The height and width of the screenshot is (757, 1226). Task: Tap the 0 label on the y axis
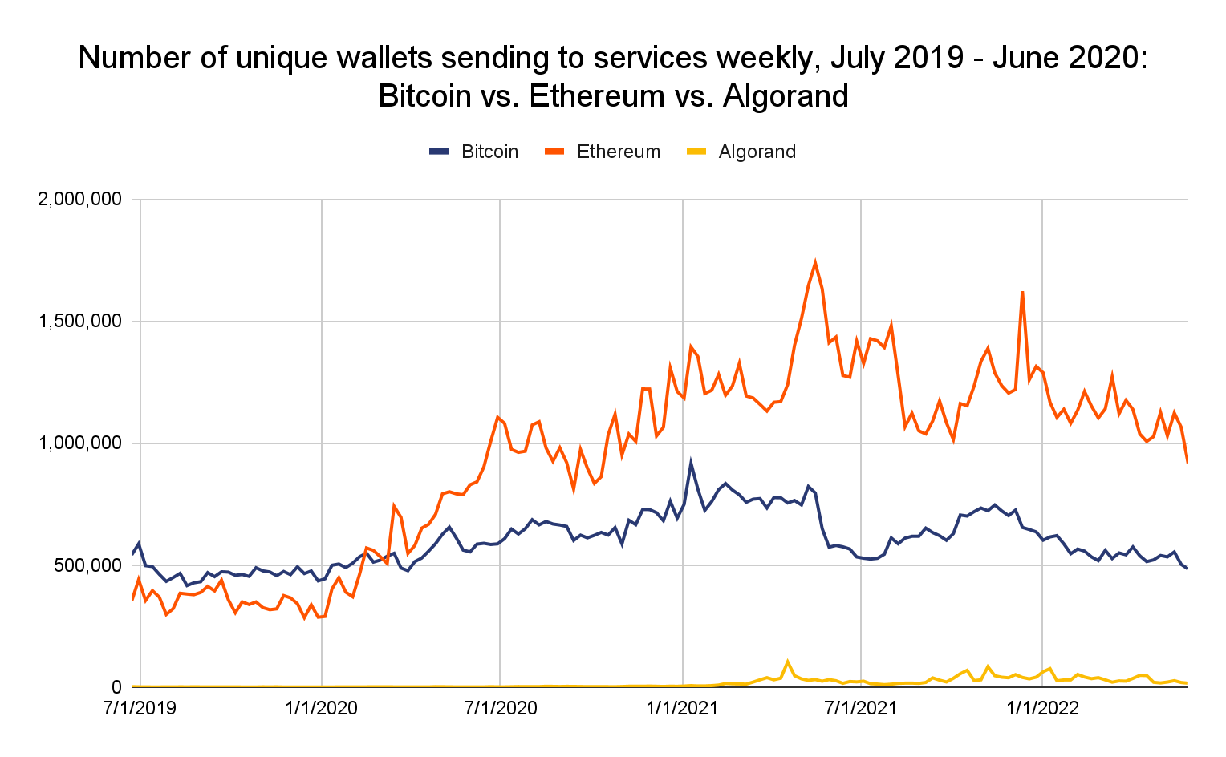[116, 687]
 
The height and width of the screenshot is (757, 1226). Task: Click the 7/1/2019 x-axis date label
[140, 709]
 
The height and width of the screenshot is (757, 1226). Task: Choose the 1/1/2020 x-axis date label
[321, 709]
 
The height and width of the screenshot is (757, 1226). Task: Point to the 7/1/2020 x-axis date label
[501, 709]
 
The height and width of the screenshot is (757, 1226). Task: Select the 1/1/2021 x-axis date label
[682, 709]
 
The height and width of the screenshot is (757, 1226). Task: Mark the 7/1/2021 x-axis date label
[861, 709]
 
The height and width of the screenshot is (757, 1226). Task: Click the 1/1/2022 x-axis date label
[1041, 709]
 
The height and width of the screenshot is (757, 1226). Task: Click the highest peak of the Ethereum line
[815, 263]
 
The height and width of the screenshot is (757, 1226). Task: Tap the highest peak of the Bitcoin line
[691, 463]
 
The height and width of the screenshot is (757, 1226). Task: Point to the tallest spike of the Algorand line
[788, 662]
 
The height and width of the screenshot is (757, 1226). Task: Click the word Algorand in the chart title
[786, 96]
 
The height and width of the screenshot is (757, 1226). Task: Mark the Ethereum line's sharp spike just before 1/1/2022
[1022, 292]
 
